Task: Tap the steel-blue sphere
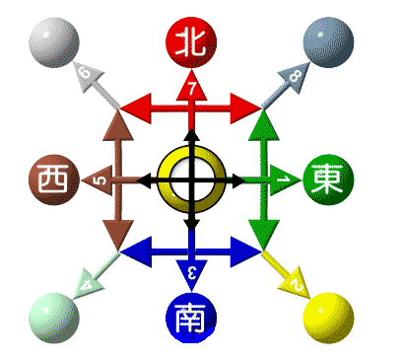(328, 42)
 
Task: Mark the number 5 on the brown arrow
(99, 180)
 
